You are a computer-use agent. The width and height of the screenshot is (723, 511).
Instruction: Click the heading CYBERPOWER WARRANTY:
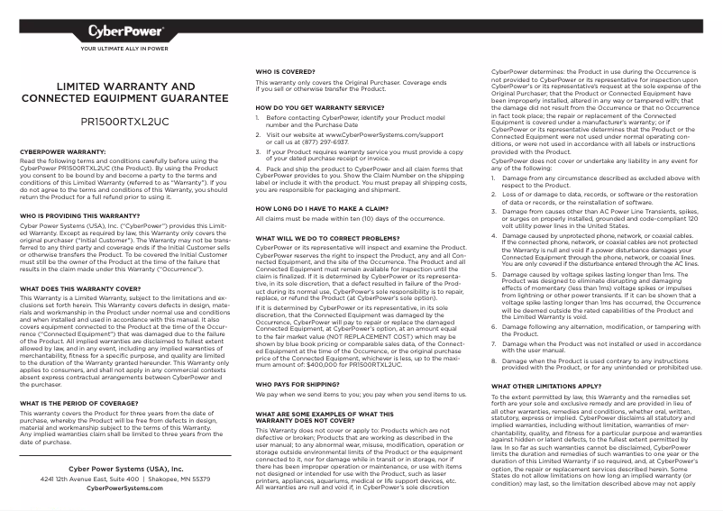(x=63, y=151)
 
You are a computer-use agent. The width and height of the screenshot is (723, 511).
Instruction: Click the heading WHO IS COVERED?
(x=284, y=71)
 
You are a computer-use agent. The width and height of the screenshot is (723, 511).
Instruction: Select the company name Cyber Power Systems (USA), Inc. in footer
(x=124, y=469)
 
